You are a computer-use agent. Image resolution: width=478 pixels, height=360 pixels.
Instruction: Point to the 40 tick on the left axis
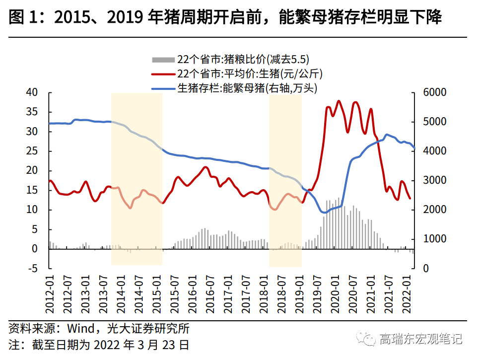(32, 92)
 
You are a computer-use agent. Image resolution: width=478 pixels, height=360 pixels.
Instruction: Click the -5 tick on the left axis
(33, 268)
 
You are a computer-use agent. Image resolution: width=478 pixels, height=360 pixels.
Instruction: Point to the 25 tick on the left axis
(32, 151)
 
